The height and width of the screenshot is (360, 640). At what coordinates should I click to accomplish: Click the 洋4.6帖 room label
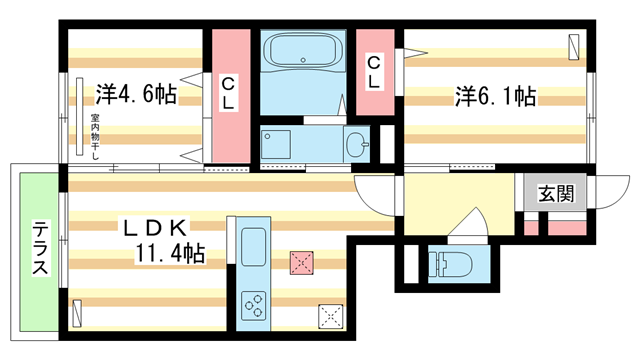(x=136, y=95)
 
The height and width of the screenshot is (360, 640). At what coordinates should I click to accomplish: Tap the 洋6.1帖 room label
(x=496, y=97)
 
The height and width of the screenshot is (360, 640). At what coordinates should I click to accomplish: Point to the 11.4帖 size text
(x=170, y=254)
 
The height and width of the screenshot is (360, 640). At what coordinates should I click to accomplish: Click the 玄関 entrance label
(x=556, y=194)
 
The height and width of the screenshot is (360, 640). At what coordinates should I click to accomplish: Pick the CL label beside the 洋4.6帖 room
(x=228, y=93)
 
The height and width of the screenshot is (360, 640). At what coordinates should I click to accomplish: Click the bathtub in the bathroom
(x=301, y=51)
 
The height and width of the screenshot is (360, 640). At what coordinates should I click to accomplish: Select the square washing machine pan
(x=277, y=145)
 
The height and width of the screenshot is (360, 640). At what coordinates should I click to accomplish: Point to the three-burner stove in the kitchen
(x=254, y=306)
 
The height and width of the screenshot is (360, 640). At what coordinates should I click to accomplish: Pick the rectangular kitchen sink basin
(x=254, y=244)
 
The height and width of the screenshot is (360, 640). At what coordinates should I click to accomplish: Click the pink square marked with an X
(x=302, y=263)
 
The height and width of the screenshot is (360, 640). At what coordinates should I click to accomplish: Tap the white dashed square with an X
(x=330, y=316)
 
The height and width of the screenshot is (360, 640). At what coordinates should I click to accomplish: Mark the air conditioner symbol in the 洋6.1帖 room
(x=574, y=46)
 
